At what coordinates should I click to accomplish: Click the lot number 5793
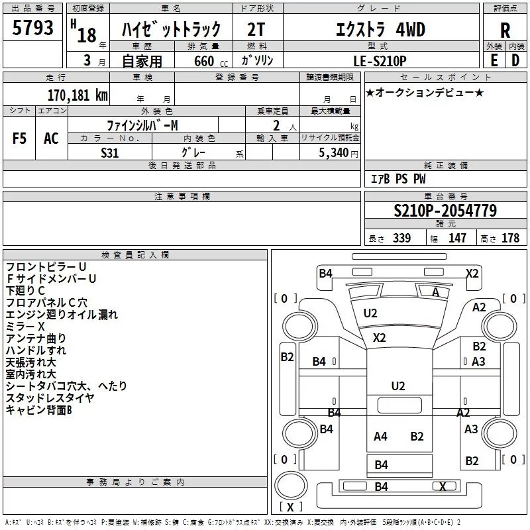coord(33,28)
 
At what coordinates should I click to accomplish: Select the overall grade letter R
coord(505,30)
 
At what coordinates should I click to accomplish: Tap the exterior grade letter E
coord(494,60)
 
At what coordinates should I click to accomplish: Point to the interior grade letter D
coord(515,60)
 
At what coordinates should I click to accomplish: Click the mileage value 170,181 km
coord(78,95)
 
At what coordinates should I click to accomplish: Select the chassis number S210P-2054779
coord(445,211)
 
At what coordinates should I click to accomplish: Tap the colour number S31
coord(110,152)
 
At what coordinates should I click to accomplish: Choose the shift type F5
coord(20,138)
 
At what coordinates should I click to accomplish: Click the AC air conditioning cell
coord(51,138)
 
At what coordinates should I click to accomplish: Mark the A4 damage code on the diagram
coord(381,436)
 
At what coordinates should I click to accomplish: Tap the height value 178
coord(510,238)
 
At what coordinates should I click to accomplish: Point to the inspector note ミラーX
coord(25,327)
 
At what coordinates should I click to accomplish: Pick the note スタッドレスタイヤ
coord(50,397)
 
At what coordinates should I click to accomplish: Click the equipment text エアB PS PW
coord(397,179)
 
